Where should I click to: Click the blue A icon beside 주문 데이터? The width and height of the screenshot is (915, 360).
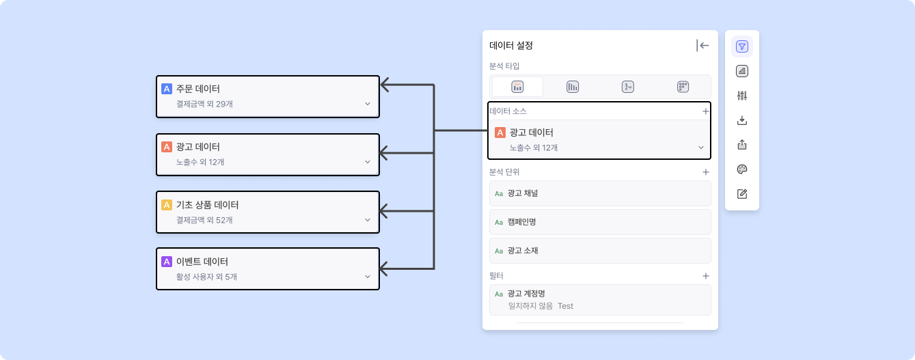[x=166, y=89]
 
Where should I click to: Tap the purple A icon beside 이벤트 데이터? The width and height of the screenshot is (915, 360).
[x=166, y=262]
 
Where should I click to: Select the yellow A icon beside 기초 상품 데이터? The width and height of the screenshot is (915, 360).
[x=166, y=205]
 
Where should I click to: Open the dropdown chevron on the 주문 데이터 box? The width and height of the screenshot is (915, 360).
[x=367, y=104]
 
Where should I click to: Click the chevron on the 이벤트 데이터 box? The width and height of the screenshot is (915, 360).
[x=367, y=277]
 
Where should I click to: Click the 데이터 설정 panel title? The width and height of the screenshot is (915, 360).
[x=511, y=46]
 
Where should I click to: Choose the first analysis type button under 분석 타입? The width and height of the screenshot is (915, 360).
[x=517, y=87]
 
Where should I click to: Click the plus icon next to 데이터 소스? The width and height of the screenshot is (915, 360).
[x=705, y=111]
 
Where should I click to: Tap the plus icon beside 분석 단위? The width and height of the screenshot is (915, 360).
[x=705, y=172]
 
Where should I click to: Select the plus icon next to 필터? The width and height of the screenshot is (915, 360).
[x=705, y=276]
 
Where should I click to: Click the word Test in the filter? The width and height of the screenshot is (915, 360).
[x=565, y=306]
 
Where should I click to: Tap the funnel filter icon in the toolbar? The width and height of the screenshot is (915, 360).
[x=742, y=46]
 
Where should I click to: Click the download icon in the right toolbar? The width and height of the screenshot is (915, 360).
[x=742, y=120]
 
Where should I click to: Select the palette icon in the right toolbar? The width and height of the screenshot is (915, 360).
[x=742, y=169]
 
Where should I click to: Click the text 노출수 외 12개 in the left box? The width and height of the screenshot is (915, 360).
[x=200, y=162]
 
